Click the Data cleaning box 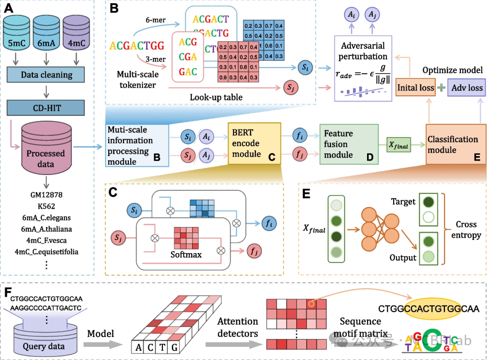[46, 75]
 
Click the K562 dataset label [46, 206]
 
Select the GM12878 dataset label [46, 195]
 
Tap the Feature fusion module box [349, 144]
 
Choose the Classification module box [453, 144]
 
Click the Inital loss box [415, 88]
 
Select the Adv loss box [467, 88]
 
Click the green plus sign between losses [441, 88]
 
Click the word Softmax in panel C [186, 254]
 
